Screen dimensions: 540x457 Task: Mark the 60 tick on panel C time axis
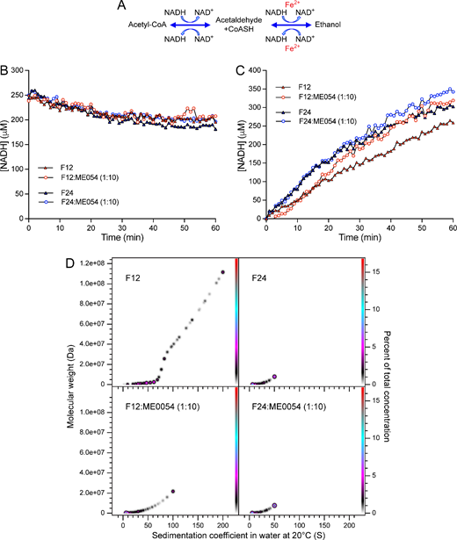pos(453,227)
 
